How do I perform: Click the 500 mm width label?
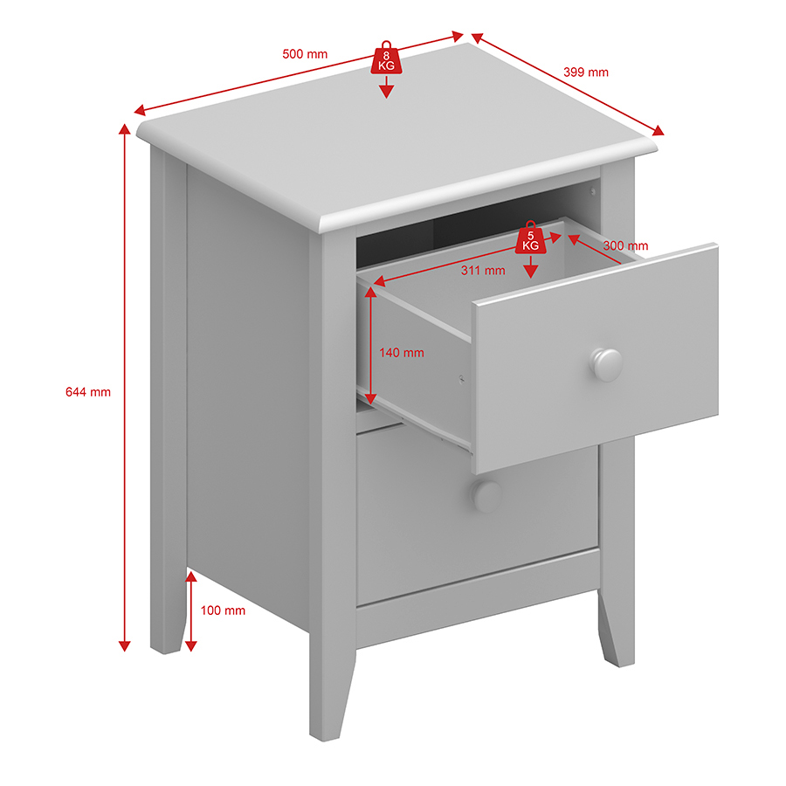point(305,54)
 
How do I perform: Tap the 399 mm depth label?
point(585,72)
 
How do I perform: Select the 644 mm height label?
point(88,392)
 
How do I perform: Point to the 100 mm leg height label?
point(223,610)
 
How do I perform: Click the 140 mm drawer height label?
point(402,353)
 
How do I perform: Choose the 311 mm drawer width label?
point(483,271)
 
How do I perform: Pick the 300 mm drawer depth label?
point(625,245)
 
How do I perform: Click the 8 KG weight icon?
point(386,59)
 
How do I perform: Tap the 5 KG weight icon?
point(531,238)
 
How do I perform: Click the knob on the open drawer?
point(607,364)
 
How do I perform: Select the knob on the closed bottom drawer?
point(486,496)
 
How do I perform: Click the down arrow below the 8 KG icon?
point(386,87)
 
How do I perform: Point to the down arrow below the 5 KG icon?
point(531,266)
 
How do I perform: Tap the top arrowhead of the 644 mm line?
point(124,129)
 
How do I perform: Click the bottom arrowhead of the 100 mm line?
point(191,646)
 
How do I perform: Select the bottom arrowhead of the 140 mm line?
point(370,398)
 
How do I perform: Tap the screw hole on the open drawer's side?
point(462,379)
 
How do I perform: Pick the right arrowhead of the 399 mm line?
point(658,131)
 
